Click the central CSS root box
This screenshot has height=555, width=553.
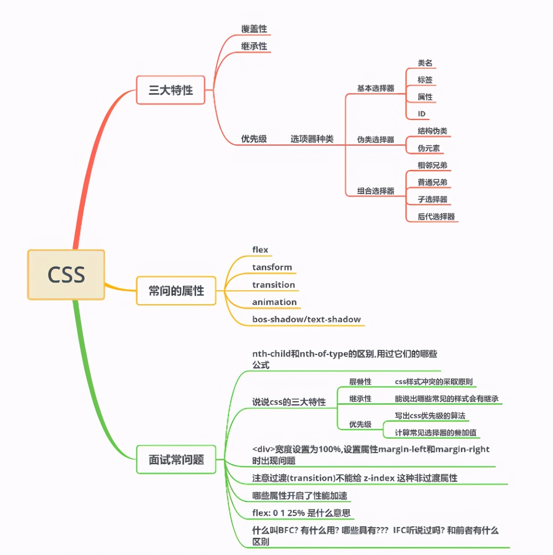pos(66,275)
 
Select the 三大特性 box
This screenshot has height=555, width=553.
pos(171,90)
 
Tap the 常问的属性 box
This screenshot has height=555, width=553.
pos(176,291)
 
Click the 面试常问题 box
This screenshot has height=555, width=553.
pos(176,459)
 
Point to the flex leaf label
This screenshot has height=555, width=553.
pos(260,250)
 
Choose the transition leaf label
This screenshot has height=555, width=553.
pos(274,285)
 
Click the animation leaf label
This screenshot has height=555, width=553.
pos(274,302)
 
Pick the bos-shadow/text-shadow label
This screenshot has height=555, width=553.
pos(306,320)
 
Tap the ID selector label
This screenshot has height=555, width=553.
pos(422,114)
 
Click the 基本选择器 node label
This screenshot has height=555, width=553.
pos(375,88)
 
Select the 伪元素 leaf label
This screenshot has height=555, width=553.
pos(429,148)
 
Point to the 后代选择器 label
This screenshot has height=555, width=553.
pos(436,217)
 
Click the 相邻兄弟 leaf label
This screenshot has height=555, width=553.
pos(432,165)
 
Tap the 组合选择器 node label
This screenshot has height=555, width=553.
pos(375,191)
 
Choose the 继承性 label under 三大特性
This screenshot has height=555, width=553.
pos(254,46)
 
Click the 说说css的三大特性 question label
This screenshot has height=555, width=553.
pos(289,402)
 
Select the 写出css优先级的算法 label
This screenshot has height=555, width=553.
pos(430,416)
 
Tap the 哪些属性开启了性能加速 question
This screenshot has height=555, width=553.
pos(300,496)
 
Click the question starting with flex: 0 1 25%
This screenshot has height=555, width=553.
pos(301,513)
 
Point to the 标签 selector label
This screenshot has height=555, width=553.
pos(425,80)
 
